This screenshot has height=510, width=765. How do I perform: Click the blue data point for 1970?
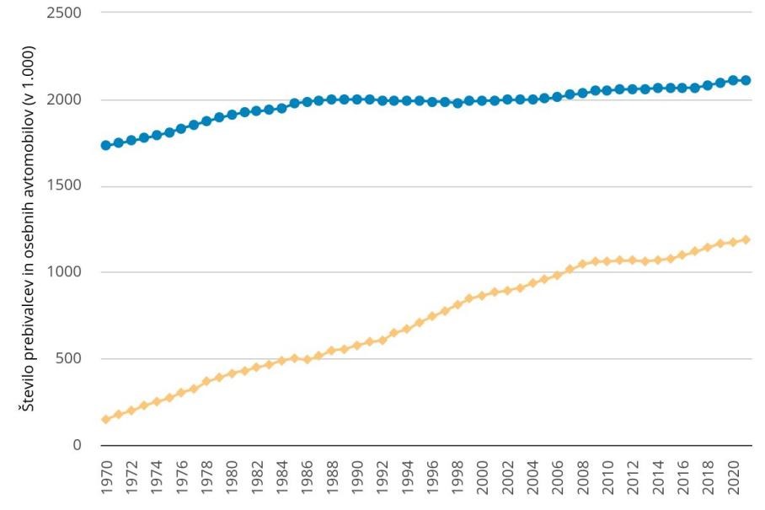coord(105,145)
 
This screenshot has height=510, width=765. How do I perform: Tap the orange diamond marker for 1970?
coord(105,419)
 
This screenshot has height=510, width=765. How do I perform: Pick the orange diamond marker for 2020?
coord(733,242)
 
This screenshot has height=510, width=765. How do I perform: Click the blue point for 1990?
coord(356,99)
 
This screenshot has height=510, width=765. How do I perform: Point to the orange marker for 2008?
coord(582,264)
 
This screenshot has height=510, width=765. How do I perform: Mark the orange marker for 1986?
coord(307,359)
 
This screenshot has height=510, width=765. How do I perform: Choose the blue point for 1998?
coord(457,103)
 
